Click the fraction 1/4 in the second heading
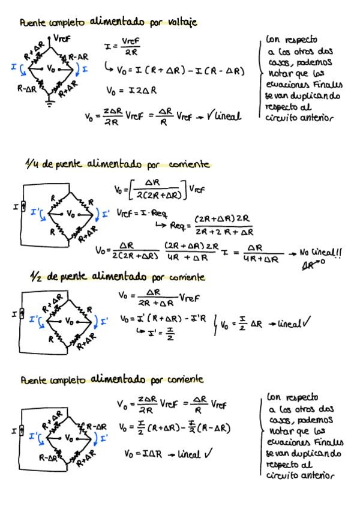tap(31, 164)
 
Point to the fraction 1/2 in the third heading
tap(35, 277)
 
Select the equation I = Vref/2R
tap(122, 46)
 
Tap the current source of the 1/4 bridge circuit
tap(22, 208)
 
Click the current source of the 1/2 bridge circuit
tap(22, 313)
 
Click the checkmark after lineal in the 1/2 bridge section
tap(307, 324)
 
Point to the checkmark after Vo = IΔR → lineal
tap(208, 454)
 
